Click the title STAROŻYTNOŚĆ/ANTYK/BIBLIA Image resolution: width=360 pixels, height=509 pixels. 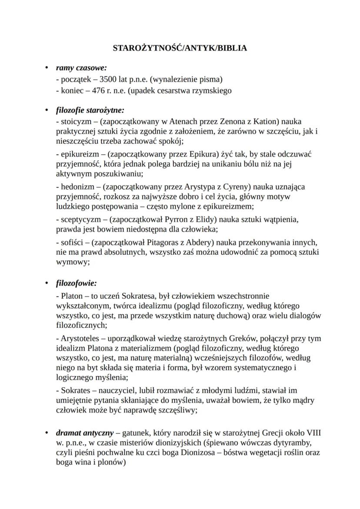[180, 48]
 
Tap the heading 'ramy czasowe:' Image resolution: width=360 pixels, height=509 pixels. [81, 68]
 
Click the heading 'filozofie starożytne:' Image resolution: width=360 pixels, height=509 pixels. [90, 110]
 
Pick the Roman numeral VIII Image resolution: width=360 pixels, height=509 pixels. [311, 433]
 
